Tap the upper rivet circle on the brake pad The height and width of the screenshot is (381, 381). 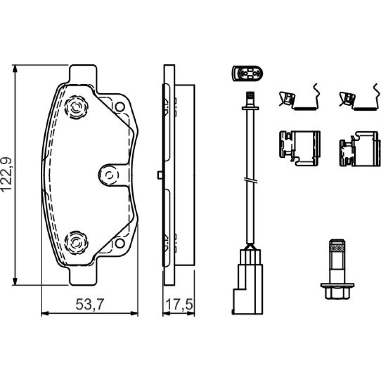(x=76, y=107)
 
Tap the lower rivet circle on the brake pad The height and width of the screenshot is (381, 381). (x=76, y=243)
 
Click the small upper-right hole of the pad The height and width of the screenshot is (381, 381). (x=120, y=107)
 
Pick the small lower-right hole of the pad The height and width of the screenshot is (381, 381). (x=120, y=243)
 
